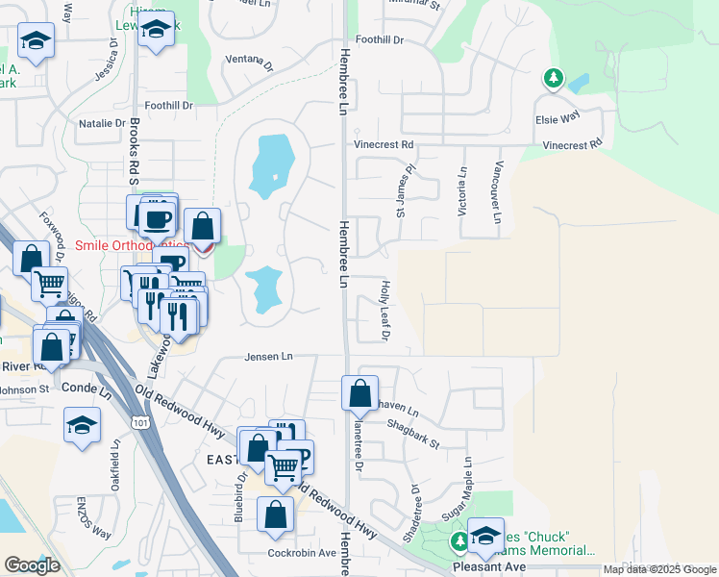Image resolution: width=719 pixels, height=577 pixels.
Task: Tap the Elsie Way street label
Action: tap(558, 115)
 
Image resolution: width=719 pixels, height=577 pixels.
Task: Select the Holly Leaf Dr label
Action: tap(384, 312)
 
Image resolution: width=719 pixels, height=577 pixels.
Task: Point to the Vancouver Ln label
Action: tap(497, 192)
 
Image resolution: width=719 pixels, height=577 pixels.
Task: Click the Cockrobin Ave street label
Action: tap(301, 553)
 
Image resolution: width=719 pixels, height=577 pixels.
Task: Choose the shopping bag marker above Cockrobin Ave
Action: tap(275, 514)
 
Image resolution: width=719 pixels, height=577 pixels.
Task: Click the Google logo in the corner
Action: tap(33, 564)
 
